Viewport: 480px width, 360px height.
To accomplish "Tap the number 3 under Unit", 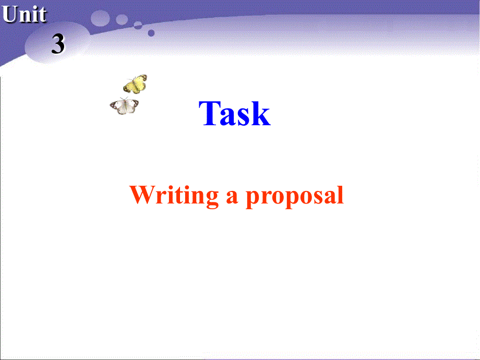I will point(58,44).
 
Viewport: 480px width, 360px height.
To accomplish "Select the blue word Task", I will point(235,113).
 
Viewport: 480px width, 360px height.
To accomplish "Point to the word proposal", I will point(295,197).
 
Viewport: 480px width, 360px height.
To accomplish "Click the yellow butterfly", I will point(136,83).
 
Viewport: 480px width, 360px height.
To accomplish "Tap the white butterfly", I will point(124,106).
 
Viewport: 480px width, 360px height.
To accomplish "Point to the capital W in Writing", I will point(142,195).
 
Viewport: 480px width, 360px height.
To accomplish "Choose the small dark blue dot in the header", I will point(151,32).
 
